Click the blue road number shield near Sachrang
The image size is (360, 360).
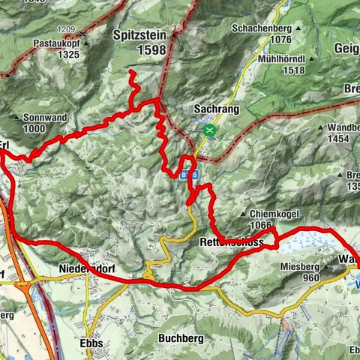coord(189,174)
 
